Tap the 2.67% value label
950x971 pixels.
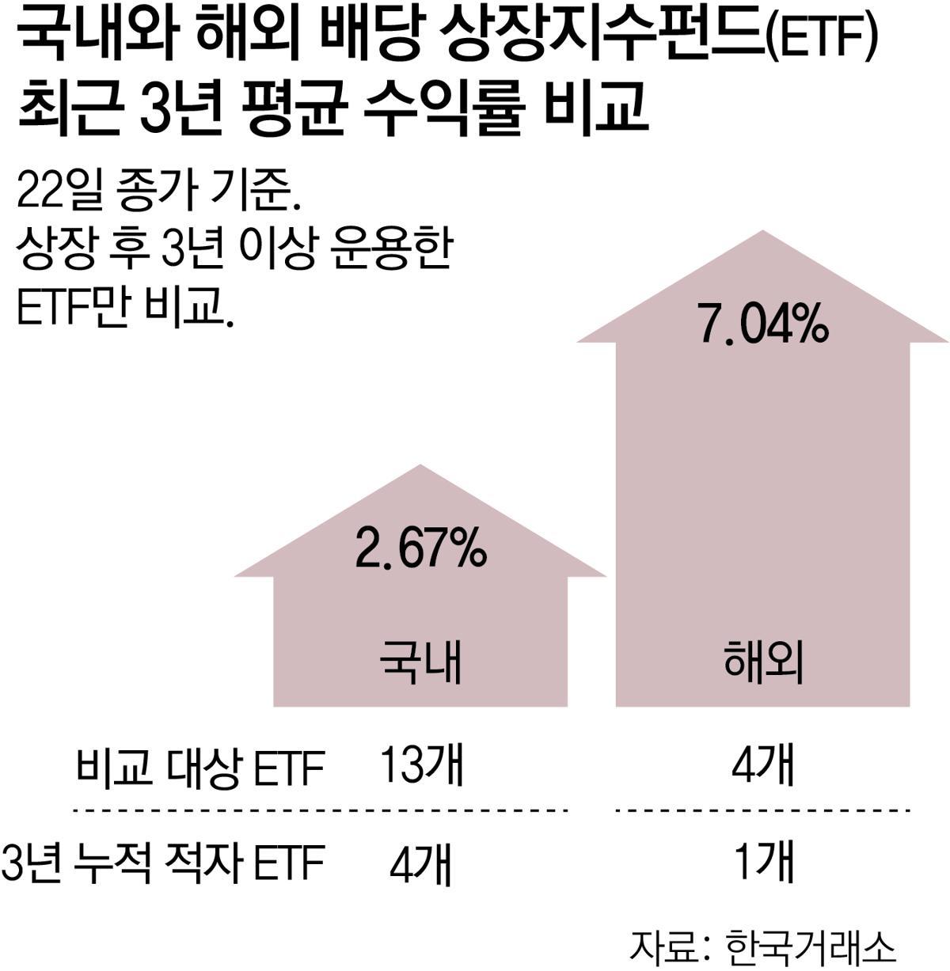pos(420,548)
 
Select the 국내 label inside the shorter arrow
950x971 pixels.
pos(420,663)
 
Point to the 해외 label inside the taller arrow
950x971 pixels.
pos(763,663)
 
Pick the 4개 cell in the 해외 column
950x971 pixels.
pos(762,765)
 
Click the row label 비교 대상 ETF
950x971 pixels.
pos(200,767)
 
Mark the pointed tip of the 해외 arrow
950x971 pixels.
pos(762,232)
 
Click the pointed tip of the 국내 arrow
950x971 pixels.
pos(420,466)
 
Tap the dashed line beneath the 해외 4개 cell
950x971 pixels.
pos(762,810)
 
